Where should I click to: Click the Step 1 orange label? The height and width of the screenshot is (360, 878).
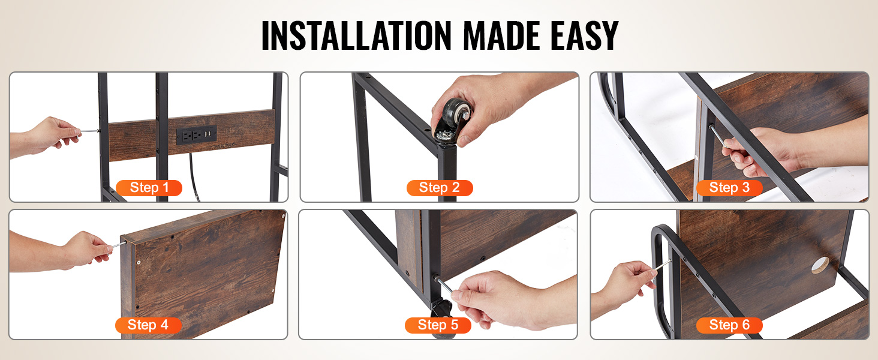tap(149, 188)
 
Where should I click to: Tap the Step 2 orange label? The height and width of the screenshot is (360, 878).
tap(440, 188)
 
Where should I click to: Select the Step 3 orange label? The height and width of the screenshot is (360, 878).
tap(729, 188)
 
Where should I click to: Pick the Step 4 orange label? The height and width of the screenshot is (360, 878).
tap(148, 325)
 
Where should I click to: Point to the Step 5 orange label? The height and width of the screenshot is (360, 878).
tap(438, 325)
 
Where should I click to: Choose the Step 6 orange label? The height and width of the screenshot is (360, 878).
tap(729, 325)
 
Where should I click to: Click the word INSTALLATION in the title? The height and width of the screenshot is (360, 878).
tap(356, 35)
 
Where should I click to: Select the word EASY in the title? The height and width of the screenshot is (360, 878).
tap(584, 35)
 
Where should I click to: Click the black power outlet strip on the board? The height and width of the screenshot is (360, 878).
tap(196, 135)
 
